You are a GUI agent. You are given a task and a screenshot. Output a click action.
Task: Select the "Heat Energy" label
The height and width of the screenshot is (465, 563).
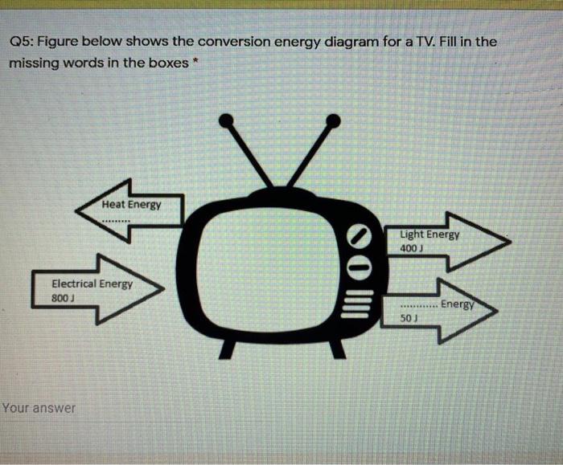[131, 204]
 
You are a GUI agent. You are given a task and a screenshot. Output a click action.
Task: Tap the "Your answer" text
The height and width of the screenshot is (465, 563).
[39, 408]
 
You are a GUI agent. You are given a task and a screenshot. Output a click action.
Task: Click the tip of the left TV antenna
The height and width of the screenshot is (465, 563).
[226, 120]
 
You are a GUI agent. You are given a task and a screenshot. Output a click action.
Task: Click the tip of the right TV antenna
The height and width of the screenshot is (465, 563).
[335, 120]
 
